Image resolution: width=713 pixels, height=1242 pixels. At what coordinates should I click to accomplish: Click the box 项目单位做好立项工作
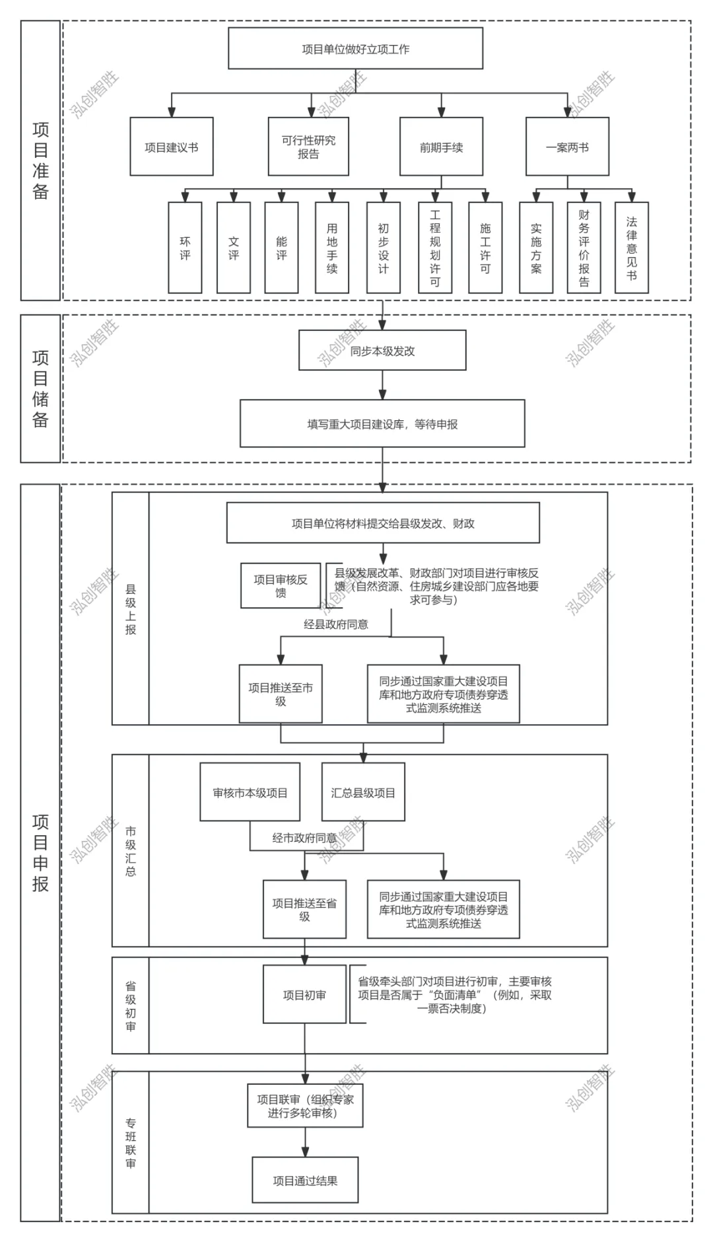pos(355,49)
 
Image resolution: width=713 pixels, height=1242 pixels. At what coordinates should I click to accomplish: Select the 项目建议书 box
pos(172,147)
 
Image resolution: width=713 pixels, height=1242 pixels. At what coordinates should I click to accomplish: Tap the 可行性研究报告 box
pos(308,147)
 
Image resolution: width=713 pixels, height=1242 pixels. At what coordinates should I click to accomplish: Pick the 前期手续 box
pos(441,147)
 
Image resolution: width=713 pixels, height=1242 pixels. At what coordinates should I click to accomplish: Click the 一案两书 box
pos(567,147)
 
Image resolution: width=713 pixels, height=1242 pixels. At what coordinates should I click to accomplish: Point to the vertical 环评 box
pos(185,248)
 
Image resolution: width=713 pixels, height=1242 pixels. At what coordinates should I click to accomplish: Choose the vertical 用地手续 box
pos(332,248)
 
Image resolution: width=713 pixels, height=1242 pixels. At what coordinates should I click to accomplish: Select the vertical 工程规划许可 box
pos(435,248)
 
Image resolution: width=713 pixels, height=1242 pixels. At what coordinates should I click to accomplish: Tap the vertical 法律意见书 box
pos(632,248)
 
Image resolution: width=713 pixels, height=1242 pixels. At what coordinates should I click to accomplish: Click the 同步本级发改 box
pos(382,351)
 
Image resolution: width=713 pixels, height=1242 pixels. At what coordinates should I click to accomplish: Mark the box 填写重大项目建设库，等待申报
pos(382,423)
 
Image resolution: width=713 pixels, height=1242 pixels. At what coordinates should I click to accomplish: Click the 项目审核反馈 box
pos(281,586)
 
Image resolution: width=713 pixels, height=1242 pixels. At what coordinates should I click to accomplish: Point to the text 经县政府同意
pos(336,624)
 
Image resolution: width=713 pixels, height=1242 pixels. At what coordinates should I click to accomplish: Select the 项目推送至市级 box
pos(281,694)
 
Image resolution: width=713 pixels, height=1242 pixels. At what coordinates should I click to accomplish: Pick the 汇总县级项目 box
pos(363,792)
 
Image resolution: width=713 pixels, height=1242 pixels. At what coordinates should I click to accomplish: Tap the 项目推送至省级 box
pos(304,909)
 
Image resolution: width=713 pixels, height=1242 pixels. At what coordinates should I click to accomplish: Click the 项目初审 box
pos(304,994)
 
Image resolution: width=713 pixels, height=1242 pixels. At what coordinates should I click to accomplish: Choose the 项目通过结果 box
pos(305,1180)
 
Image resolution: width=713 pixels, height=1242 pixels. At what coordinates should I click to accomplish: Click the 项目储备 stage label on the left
pos(40,388)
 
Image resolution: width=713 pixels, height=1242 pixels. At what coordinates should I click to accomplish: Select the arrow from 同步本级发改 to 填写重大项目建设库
pos(382,385)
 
